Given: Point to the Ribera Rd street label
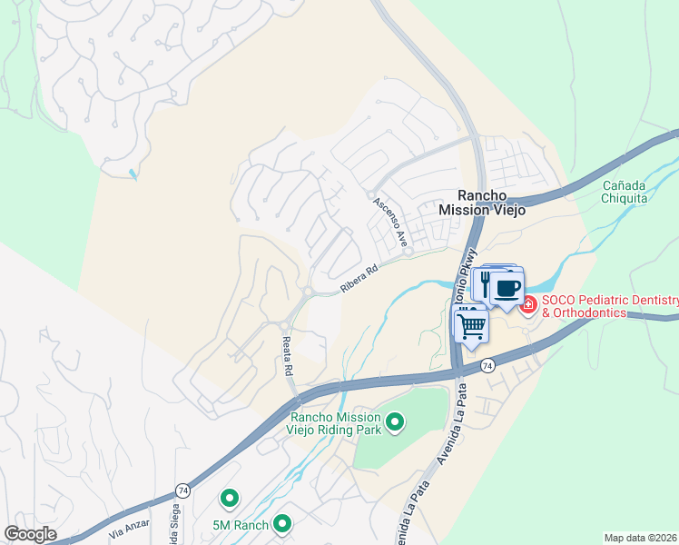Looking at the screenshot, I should (x=358, y=279).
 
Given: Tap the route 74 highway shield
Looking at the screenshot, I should (x=487, y=364).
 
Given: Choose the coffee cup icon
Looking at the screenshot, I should (x=507, y=290).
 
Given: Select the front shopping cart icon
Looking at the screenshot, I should (x=471, y=324).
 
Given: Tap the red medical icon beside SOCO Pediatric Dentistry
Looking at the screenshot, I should (x=527, y=306).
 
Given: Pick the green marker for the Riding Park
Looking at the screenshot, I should (x=394, y=421).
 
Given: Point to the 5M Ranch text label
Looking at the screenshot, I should (x=241, y=525).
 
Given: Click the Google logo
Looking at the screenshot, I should (x=30, y=534).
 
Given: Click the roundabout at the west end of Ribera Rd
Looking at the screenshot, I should (x=309, y=292).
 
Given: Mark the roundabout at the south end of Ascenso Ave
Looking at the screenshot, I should (x=409, y=252).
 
